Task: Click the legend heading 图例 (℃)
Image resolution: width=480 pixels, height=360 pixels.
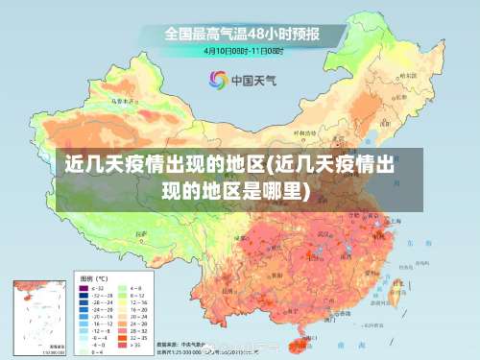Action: click(x=93, y=277)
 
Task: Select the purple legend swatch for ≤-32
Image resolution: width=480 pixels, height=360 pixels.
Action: click(x=83, y=287)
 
